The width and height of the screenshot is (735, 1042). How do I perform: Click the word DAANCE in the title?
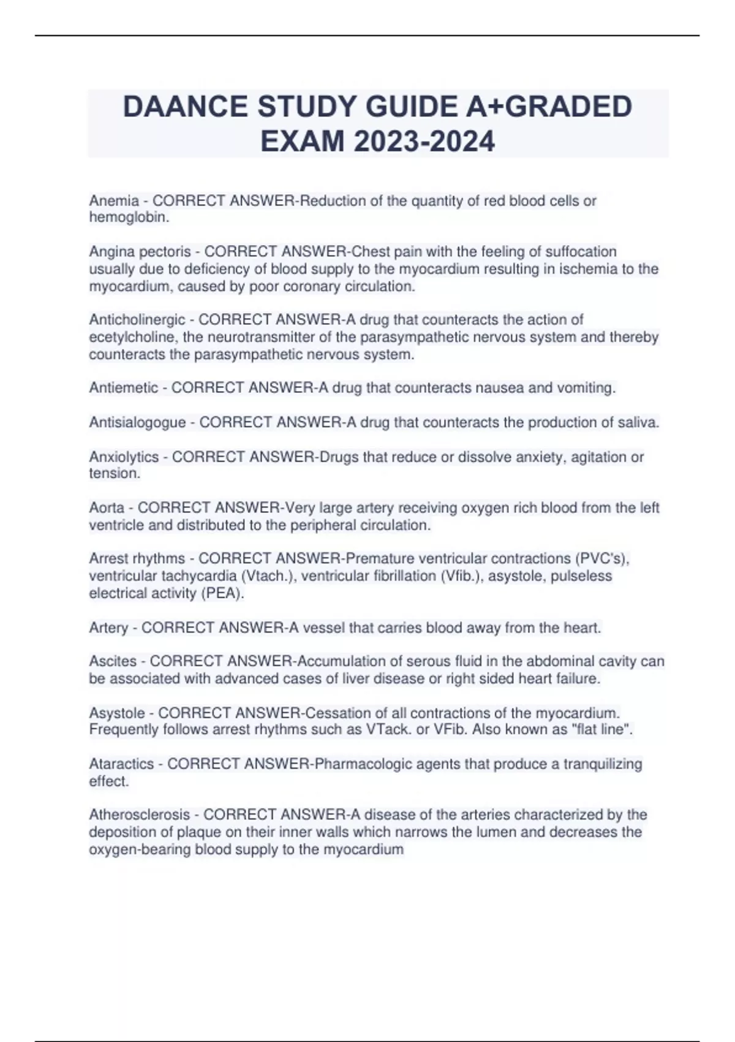(185, 107)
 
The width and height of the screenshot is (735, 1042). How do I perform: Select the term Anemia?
(114, 200)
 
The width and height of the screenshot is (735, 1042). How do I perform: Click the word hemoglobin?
(127, 217)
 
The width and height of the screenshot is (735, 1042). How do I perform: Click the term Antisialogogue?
(138, 422)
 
